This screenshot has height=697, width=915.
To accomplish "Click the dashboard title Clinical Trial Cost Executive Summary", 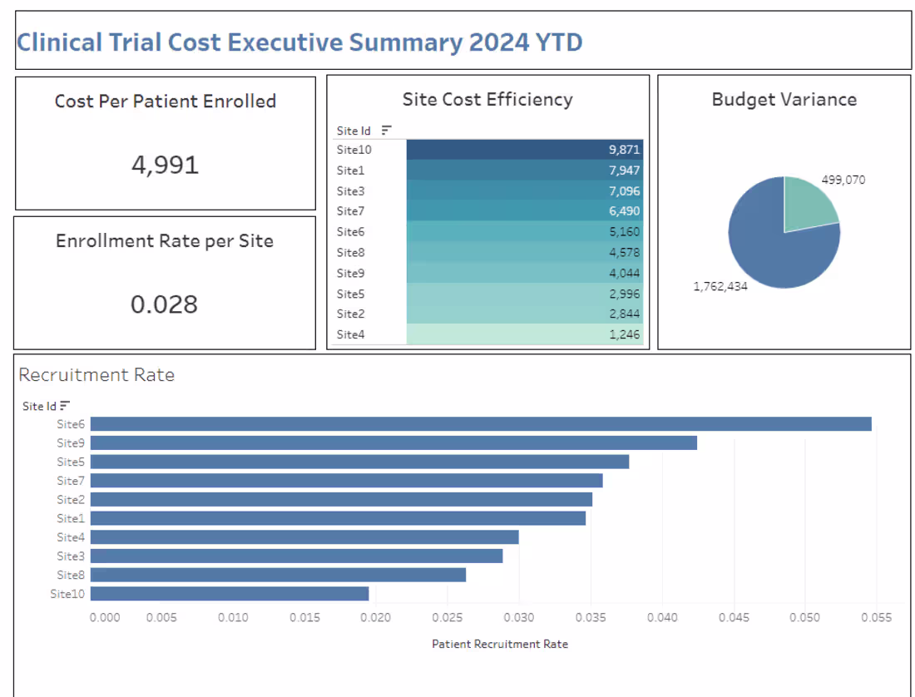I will (299, 42).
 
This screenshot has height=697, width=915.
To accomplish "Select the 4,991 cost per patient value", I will (165, 165).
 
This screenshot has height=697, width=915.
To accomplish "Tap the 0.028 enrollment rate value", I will (164, 304).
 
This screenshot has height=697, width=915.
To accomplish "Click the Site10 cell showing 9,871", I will (525, 150).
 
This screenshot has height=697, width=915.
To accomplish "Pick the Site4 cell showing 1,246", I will (525, 334).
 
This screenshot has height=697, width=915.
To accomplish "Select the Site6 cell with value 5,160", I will (525, 232).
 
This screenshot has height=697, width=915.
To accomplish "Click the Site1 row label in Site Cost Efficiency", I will (350, 171).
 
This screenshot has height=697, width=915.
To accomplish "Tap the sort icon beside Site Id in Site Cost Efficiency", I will (386, 131).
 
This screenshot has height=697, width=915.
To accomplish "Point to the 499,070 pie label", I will (843, 179).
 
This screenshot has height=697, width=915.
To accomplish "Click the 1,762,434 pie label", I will (721, 286).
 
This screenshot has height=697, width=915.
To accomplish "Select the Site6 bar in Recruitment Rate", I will (481, 424).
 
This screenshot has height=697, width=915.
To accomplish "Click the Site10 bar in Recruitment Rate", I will (230, 594).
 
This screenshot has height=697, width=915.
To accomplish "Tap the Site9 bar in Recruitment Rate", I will (393, 442).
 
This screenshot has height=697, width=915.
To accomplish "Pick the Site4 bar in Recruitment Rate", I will (304, 537).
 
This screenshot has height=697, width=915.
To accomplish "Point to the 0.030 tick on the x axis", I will (519, 618).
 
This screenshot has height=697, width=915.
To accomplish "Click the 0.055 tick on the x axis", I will (876, 618).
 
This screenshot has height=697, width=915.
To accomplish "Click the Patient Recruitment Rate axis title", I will (500, 644).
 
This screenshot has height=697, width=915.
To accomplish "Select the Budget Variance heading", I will (784, 100).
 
